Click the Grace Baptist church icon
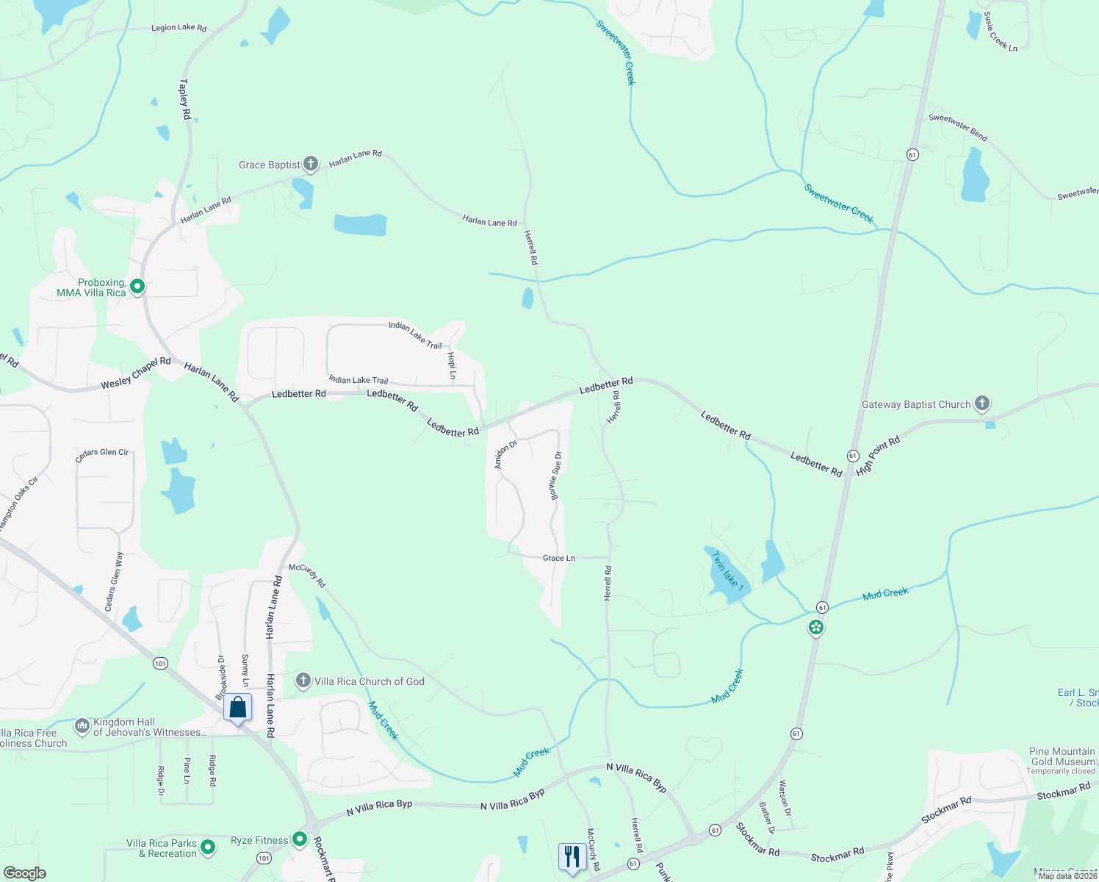311,164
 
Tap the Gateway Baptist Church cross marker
982,404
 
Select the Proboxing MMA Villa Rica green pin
137,286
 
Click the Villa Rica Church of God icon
303,681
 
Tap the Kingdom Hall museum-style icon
82,726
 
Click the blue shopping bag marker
237,708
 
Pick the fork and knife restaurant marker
572,856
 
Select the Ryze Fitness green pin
300,839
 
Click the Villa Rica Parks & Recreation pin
208,847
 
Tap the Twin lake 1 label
728,572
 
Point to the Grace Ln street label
558,558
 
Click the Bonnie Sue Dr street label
556,476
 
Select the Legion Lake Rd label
179,28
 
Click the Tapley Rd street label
185,99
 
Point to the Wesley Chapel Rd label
136,372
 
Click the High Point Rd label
878,456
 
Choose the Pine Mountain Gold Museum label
1062,756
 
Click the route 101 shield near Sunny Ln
160,664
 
